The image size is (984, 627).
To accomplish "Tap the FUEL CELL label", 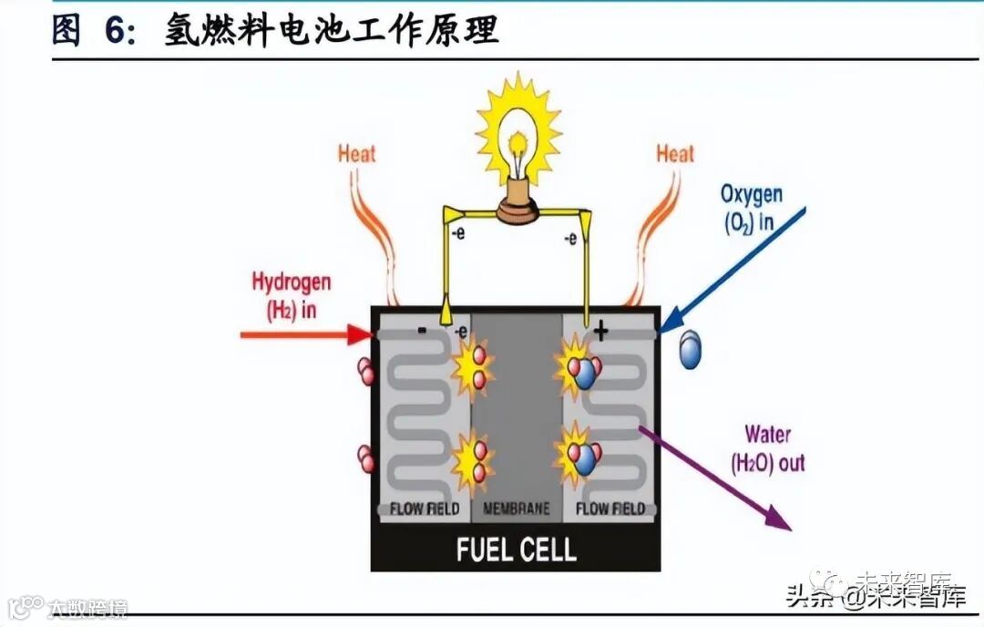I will pos(516,550).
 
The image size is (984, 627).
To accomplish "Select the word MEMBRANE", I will pos(517,508).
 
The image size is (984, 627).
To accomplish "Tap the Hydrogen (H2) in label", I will pos(291,295).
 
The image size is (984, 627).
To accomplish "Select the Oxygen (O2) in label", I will pos(751,208).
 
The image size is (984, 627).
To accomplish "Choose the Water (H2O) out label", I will pos(768,448).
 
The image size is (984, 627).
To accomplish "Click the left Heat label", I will pos(356,152).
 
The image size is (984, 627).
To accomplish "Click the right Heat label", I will pos(675,153).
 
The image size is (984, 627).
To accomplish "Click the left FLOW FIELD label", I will pos(425,508).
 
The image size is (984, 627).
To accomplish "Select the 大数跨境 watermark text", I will pos(87,607).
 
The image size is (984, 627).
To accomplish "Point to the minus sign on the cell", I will pos(421,331).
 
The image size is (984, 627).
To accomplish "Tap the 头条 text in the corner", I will pos(805,599).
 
